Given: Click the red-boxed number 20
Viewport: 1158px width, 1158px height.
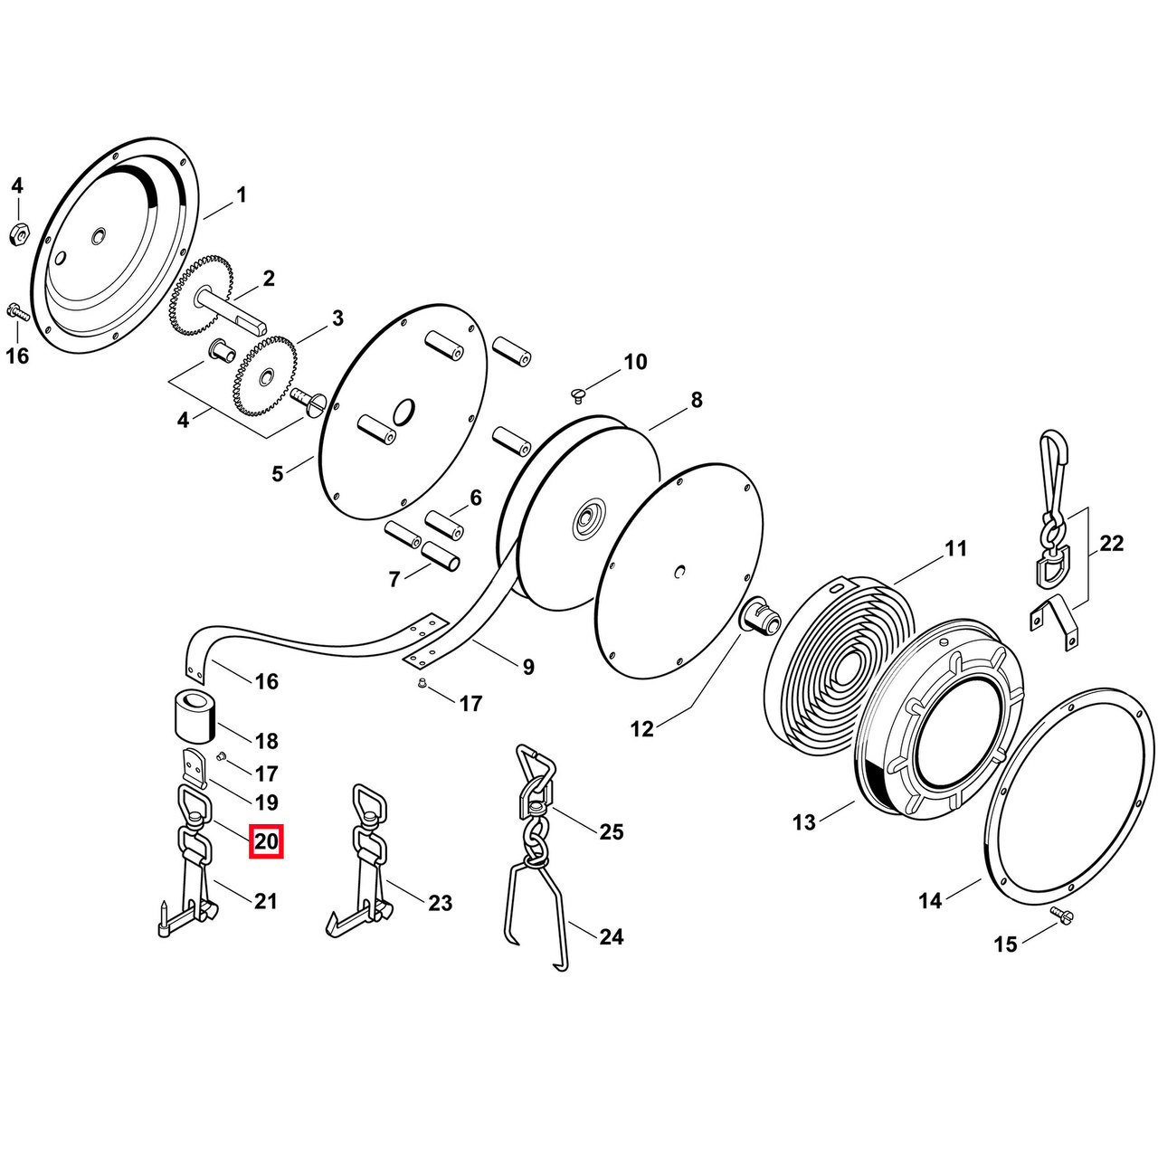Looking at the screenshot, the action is point(266,842).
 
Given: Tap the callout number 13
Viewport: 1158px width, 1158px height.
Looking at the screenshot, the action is point(804,821).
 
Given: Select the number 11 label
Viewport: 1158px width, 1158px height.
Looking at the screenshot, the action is point(956,548).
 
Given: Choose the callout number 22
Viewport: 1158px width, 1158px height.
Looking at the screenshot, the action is point(1111,544).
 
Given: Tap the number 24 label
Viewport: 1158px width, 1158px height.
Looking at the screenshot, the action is point(611,937).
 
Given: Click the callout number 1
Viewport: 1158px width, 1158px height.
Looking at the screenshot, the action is point(241,195).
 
